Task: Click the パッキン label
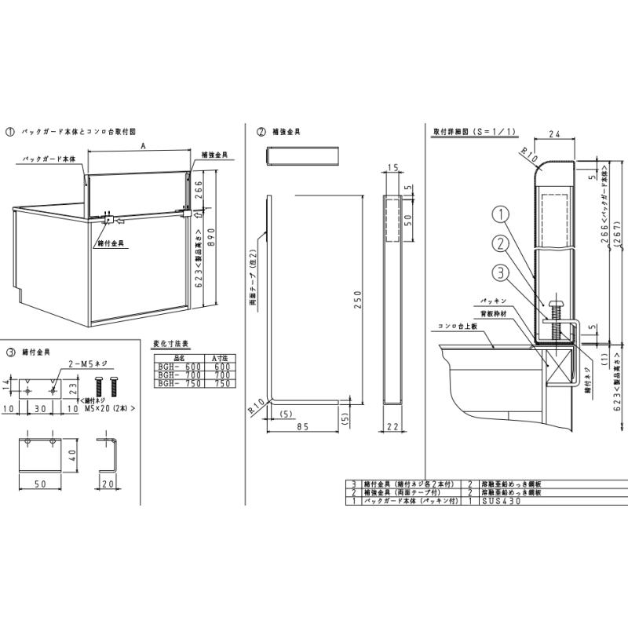tap(488, 301)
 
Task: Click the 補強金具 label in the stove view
tap(215, 155)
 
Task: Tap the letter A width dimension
tap(142, 146)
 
